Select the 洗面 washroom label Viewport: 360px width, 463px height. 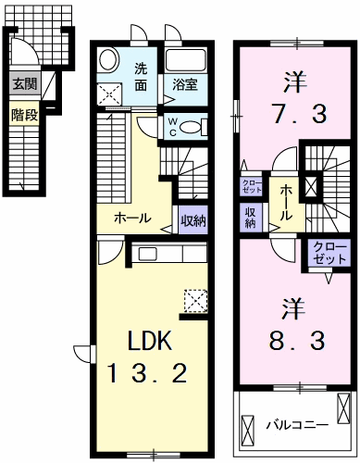(141, 75)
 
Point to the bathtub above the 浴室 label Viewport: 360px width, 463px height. (189, 62)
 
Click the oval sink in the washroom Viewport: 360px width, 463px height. (108, 60)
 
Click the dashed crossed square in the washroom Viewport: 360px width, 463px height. (110, 93)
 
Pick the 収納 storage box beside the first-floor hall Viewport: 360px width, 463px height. (193, 220)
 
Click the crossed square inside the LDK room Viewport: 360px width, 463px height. (195, 300)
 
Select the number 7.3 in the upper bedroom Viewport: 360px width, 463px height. (293, 114)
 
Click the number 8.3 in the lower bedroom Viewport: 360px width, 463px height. (294, 339)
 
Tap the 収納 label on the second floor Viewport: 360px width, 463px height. (251, 218)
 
